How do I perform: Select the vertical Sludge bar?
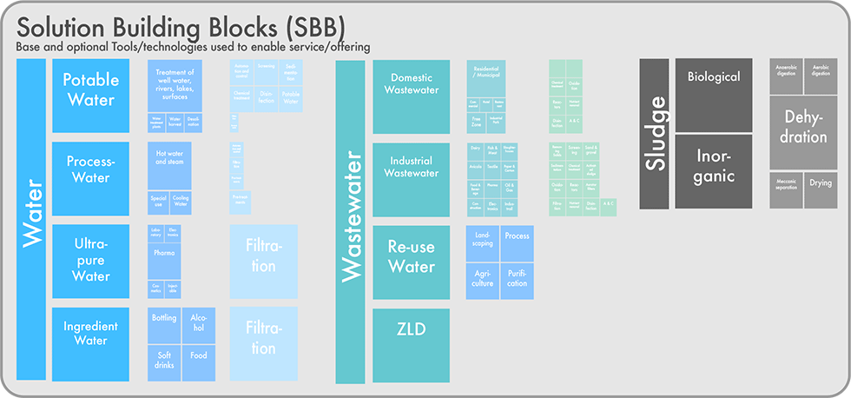654,134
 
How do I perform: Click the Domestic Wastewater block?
411,84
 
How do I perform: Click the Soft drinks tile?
164,361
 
